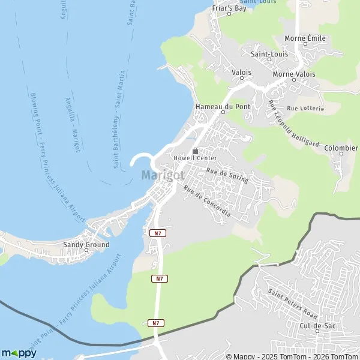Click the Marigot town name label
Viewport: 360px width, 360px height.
pyautogui.click(x=163, y=175)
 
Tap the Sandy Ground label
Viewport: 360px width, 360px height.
pyautogui.click(x=86, y=245)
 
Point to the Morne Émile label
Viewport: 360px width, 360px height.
pyautogui.click(x=305, y=38)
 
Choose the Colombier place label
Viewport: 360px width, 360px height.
pyautogui.click(x=341, y=148)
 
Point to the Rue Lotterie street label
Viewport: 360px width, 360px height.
pyautogui.click(x=305, y=109)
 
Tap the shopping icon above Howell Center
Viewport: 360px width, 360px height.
pyautogui.click(x=194, y=151)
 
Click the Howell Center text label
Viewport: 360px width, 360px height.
pyautogui.click(x=194, y=158)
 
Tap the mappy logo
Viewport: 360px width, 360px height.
pyautogui.click(x=19, y=353)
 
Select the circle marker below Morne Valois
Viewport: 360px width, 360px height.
pyautogui.click(x=294, y=80)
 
